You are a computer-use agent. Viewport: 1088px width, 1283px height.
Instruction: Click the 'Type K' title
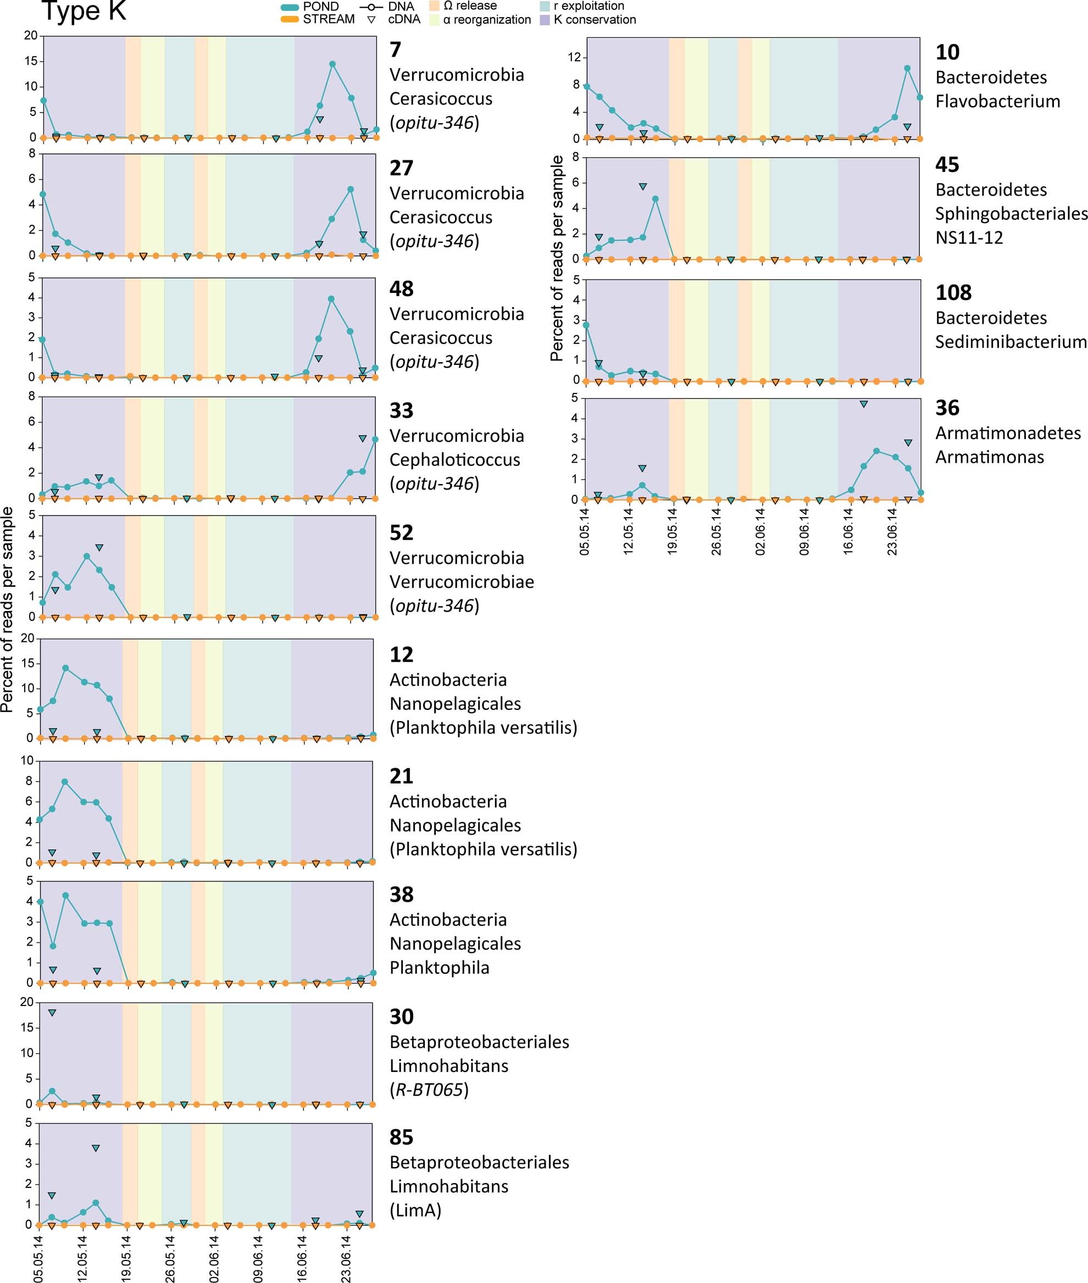coord(84,11)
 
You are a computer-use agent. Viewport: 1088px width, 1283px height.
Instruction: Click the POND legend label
coord(321,6)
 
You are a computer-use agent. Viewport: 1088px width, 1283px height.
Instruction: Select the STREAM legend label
coord(328,19)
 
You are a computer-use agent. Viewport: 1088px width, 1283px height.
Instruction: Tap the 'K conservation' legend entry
coord(595,20)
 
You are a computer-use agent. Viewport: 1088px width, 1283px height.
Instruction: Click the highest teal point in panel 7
coord(332,64)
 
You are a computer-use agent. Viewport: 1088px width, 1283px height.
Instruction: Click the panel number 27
coord(401,168)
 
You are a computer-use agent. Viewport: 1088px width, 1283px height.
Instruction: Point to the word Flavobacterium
coord(997,101)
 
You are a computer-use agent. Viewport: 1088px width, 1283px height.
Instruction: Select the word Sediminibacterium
coord(1011,341)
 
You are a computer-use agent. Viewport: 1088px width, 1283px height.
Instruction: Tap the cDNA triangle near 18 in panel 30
coord(52,1013)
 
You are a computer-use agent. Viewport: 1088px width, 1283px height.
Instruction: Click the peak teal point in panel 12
coord(65,668)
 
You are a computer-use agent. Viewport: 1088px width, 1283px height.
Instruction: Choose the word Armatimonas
coord(989,457)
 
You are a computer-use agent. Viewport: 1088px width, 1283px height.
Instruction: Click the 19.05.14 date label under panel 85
coord(126,1258)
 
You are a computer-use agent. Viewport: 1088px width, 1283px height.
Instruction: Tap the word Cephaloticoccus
coord(454,459)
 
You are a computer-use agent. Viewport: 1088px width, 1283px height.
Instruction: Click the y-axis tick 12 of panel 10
coord(574,57)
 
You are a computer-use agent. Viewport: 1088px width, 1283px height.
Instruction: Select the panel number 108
coord(953,292)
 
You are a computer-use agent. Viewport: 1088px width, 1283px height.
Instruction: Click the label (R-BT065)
coord(429,1090)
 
